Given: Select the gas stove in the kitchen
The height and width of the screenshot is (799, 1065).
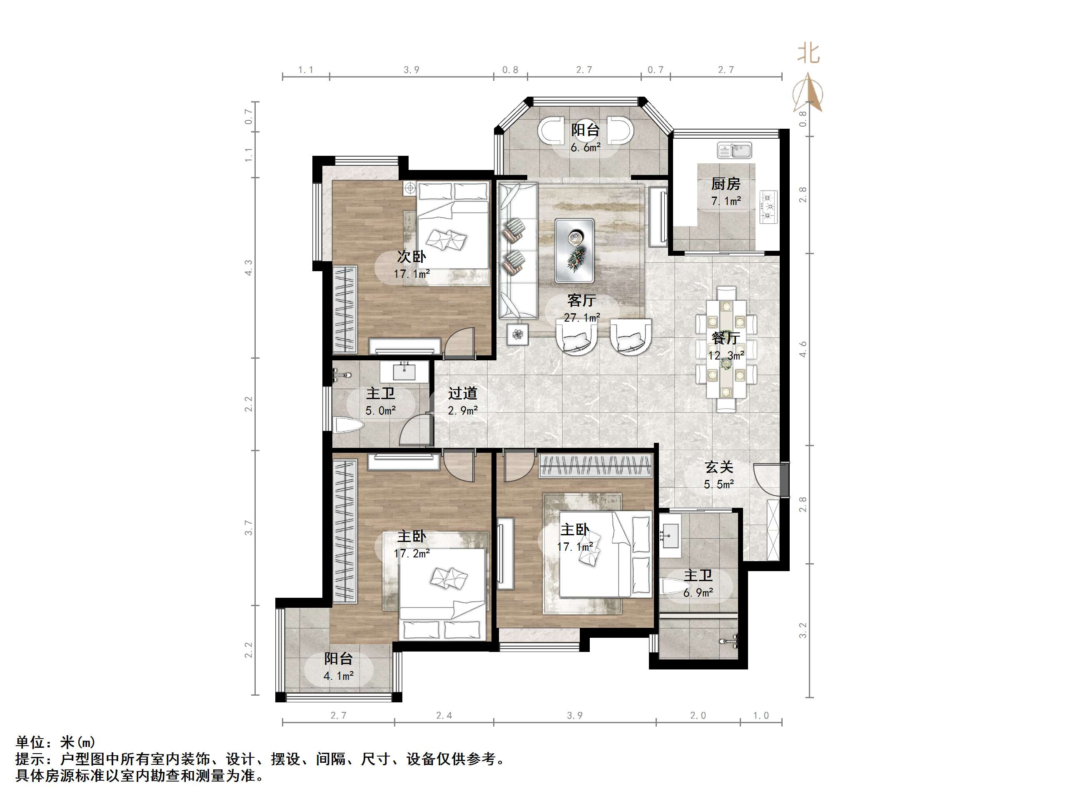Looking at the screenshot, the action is point(768,207).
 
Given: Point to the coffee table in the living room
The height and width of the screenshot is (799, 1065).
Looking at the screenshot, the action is point(574,250).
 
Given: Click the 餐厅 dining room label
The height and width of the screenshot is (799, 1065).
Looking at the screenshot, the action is point(726,338).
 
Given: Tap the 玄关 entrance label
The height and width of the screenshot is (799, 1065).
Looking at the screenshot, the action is point(719,467).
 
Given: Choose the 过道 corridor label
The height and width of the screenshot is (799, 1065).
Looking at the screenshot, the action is point(462,394).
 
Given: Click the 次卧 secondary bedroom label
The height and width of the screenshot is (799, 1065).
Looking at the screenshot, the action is point(411,257).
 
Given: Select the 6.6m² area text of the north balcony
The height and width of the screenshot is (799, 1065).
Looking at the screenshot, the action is point(586,147).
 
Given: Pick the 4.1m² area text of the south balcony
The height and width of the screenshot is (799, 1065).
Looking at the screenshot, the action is point(339,676).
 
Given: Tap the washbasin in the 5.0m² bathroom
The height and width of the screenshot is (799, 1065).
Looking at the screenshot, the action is point(404,372).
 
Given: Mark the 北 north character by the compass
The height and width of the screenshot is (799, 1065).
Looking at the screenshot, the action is point(808,53).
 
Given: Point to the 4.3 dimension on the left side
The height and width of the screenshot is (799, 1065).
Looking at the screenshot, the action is point(248,268).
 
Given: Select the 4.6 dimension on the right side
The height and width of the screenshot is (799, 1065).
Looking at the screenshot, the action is point(803,350).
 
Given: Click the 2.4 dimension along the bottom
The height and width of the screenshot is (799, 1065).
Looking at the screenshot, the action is point(444,716).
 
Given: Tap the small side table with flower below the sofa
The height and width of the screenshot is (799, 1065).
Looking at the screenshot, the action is point(518,334).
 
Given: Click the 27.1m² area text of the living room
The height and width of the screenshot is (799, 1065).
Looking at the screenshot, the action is point(581,318).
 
